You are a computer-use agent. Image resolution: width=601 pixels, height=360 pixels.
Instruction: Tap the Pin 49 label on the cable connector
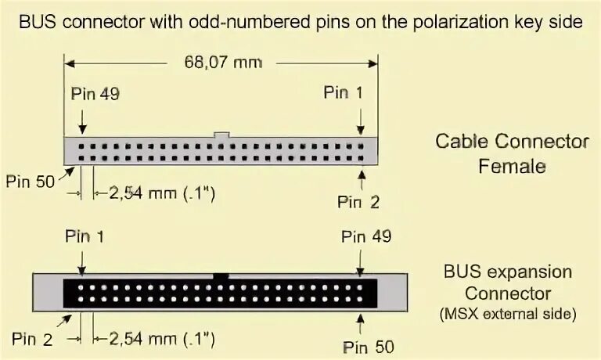pos(95,95)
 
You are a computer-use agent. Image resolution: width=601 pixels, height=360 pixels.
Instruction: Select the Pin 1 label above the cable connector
pos(344,93)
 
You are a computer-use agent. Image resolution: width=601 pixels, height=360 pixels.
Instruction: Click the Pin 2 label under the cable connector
pos(358,202)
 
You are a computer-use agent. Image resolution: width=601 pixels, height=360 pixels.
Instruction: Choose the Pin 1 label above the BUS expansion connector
pos(85,236)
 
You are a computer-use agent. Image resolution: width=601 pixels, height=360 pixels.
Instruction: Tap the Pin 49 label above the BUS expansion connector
pos(366,236)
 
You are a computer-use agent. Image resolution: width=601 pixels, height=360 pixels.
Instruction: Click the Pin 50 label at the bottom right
pos(369,345)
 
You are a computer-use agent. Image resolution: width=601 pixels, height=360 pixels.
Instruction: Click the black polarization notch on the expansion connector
pos(221,276)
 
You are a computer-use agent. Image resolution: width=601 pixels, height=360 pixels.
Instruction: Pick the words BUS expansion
pos(508,273)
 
